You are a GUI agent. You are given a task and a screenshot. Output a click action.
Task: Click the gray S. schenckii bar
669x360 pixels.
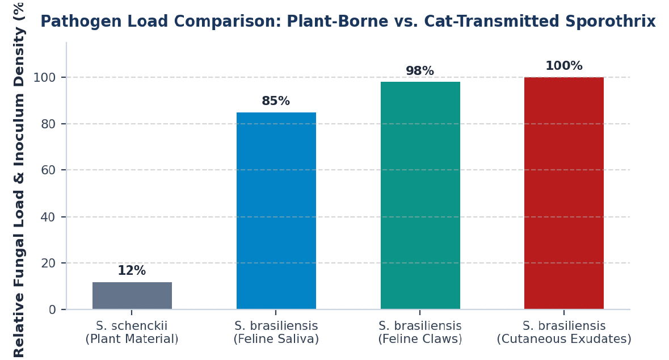pos(132,295)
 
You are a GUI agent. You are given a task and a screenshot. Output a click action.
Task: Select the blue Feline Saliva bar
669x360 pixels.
pos(276,211)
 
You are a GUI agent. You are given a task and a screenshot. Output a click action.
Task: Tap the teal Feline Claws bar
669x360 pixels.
pos(420,195)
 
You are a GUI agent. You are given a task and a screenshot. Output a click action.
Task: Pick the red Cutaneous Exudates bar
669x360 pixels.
pos(564,193)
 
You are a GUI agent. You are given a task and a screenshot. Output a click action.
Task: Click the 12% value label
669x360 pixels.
pos(132,271)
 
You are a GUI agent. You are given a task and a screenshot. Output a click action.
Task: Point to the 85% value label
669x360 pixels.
pos(276,101)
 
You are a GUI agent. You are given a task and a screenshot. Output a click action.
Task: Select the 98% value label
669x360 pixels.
pos(420,71)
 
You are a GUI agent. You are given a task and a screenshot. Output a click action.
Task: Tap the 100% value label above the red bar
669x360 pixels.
pos(564,66)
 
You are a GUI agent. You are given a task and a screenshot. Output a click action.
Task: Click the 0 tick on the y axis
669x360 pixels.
pos(52,309)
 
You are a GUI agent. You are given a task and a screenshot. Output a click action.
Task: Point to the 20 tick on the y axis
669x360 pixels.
pos(48,263)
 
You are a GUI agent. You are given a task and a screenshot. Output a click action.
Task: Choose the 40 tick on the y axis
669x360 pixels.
pos(48,217)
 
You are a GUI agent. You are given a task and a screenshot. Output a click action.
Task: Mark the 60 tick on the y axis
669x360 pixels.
pos(48,170)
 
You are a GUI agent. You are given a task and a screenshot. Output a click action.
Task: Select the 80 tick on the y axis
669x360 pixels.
pos(48,124)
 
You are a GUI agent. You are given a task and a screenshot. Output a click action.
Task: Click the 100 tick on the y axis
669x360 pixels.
pos(44,77)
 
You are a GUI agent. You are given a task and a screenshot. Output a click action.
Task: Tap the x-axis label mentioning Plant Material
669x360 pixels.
pos(132,332)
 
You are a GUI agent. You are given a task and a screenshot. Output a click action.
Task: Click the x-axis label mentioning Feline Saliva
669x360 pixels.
pos(276,332)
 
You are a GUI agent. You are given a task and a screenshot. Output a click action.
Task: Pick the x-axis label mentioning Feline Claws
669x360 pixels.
pos(420,332)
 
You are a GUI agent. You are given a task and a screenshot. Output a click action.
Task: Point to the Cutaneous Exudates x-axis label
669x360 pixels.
pos(564,332)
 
